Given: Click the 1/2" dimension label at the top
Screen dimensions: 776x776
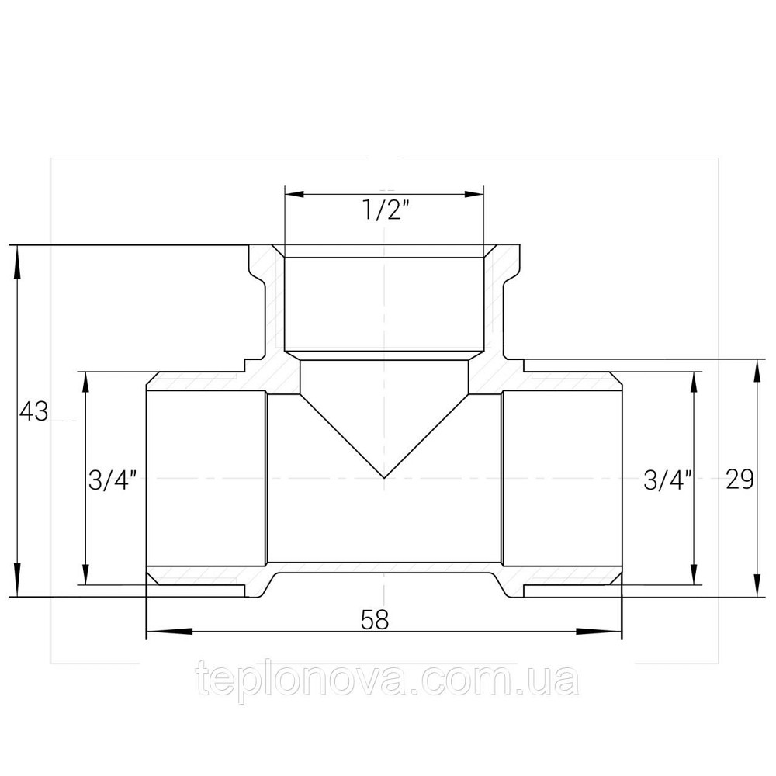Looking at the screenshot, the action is point(387,211).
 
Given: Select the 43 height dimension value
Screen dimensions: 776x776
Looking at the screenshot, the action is point(33,411).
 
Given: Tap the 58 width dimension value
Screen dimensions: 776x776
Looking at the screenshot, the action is point(375,619).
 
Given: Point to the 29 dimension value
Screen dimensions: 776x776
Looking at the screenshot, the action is point(740,479).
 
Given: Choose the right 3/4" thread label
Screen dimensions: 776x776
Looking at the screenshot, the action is point(667,480).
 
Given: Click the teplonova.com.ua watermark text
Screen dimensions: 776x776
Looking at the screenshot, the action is point(387,681).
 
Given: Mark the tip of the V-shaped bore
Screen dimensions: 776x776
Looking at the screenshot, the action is point(384,478).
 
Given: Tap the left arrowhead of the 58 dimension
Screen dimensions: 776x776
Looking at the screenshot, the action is point(169,631).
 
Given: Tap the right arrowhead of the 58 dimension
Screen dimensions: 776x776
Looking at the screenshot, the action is point(599,631).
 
